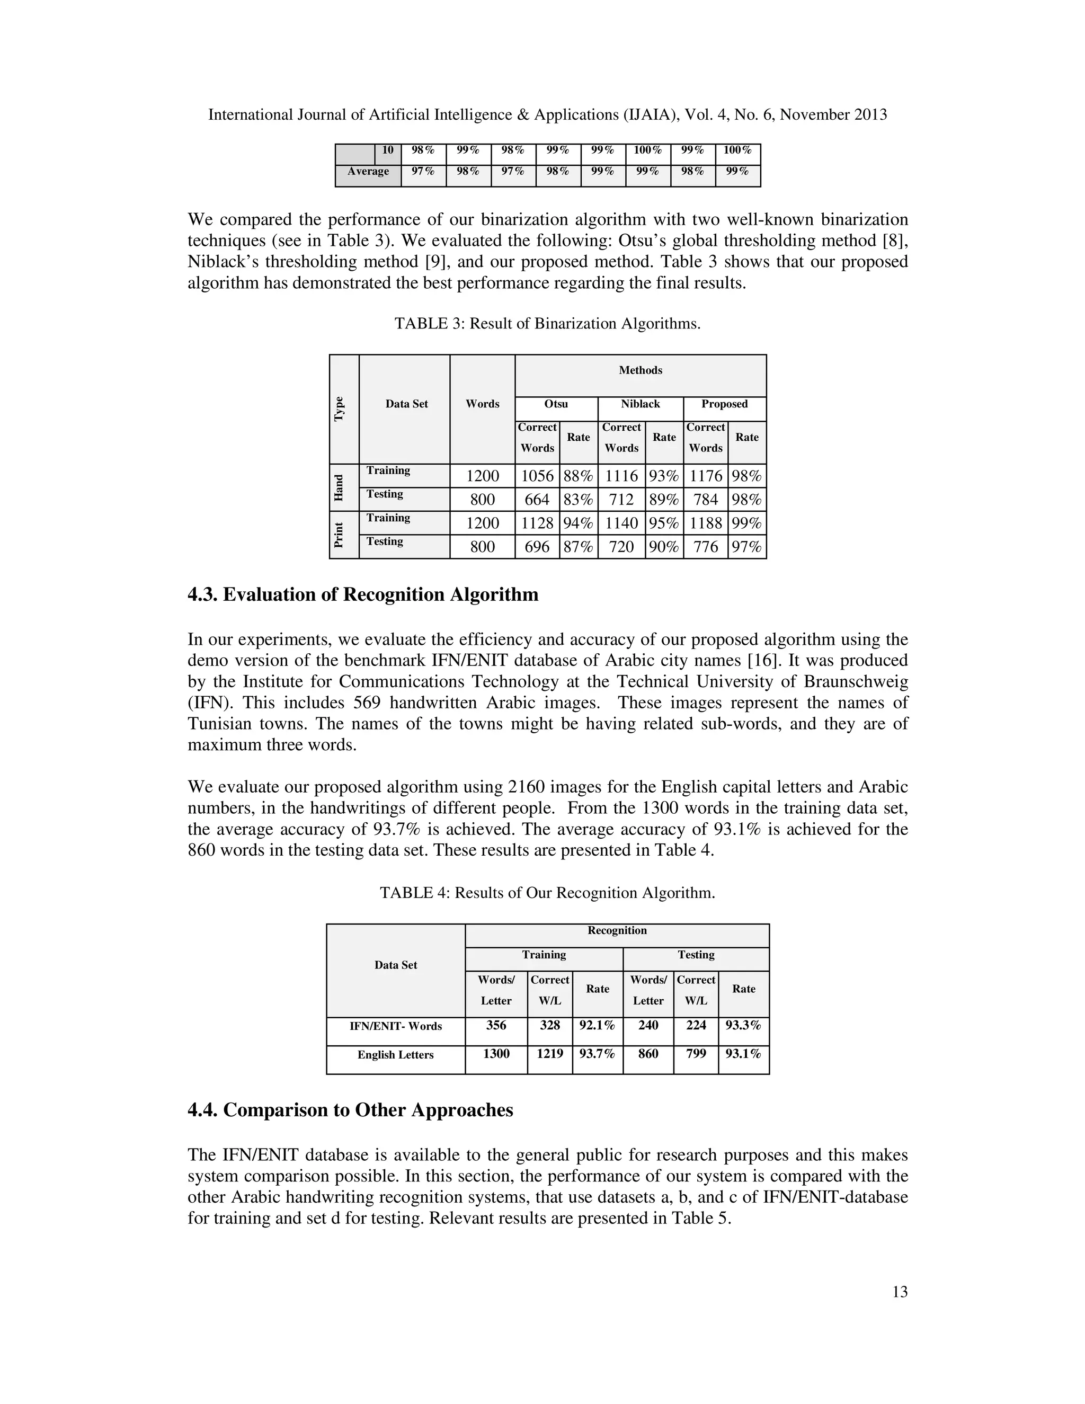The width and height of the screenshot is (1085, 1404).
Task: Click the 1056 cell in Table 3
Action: pyautogui.click(x=537, y=476)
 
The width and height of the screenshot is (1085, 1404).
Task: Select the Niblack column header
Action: pyautogui.click(x=640, y=404)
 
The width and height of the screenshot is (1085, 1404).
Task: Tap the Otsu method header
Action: pyautogui.click(x=556, y=404)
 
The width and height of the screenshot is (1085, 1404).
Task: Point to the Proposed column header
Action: pyautogui.click(x=724, y=404)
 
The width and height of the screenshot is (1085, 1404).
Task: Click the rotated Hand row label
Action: pyautogui.click(x=339, y=487)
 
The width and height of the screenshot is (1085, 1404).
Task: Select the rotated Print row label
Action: pyautogui.click(x=339, y=535)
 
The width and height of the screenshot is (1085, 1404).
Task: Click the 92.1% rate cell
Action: pyautogui.click(x=597, y=1025)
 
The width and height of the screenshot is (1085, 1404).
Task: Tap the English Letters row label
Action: pyautogui.click(x=395, y=1054)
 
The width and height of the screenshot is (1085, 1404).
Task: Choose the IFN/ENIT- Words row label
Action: pyautogui.click(x=395, y=1026)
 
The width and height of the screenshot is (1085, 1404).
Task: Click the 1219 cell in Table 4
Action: pyautogui.click(x=549, y=1053)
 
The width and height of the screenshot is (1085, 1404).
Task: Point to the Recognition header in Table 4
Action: pyautogui.click(x=617, y=930)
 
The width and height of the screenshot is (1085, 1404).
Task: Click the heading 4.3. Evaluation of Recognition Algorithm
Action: pyautogui.click(x=362, y=594)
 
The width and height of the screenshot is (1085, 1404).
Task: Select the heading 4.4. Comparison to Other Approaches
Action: pyautogui.click(x=350, y=1109)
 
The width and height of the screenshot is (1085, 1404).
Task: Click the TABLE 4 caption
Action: pyautogui.click(x=547, y=893)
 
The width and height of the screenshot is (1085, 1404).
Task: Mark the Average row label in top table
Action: pyautogui.click(x=368, y=172)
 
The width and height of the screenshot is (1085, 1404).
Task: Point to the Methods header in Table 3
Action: pyautogui.click(x=640, y=370)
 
